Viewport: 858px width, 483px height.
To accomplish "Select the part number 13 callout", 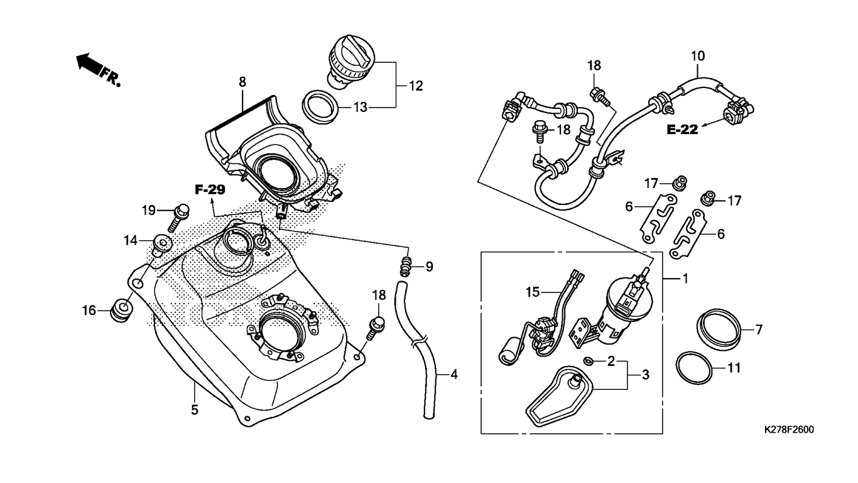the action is (x=360, y=108).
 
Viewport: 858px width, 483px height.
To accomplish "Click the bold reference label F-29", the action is (x=210, y=189).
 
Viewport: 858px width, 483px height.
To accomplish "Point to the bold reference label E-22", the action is (x=682, y=130).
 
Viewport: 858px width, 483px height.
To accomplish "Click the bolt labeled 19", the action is (x=177, y=217).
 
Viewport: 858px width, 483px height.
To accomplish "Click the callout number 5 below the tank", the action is (x=195, y=410).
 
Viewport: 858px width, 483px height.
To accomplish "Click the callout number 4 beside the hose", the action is (x=454, y=374).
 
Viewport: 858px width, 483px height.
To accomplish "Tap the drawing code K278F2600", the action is (x=789, y=430).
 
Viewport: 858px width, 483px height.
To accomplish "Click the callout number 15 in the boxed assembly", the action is (x=533, y=292).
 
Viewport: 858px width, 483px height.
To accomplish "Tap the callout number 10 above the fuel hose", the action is (x=697, y=56).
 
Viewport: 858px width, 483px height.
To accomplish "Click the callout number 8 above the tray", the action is (x=242, y=82).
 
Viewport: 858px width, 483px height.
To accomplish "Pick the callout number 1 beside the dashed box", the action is (x=686, y=279).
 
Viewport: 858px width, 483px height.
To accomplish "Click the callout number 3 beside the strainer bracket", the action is (x=646, y=374).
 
